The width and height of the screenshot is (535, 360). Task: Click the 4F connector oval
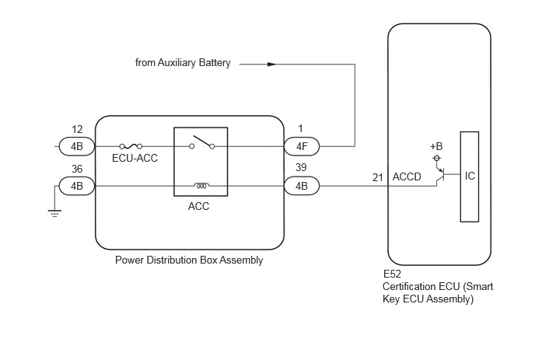click(302, 146)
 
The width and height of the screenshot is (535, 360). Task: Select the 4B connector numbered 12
click(77, 146)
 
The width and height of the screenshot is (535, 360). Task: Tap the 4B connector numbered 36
click(77, 186)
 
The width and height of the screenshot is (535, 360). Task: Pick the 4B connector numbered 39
click(302, 186)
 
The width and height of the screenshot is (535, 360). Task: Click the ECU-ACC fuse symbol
click(131, 146)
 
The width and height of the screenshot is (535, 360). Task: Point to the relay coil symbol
click(201, 186)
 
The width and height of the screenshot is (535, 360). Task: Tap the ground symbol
click(54, 213)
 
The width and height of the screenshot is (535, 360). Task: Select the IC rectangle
click(470, 177)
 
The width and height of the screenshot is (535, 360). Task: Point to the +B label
click(436, 146)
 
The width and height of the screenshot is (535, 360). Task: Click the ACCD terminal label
click(407, 177)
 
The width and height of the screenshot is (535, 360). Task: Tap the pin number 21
click(378, 177)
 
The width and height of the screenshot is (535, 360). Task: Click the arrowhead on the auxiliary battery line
click(271, 65)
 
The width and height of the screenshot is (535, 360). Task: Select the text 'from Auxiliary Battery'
click(183, 63)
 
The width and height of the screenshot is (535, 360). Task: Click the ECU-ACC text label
click(135, 158)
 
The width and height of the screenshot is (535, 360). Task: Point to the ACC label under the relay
click(198, 206)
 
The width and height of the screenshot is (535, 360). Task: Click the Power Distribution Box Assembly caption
click(189, 260)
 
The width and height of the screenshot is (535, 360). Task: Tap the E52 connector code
click(392, 274)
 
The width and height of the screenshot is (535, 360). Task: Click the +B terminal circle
click(436, 158)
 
